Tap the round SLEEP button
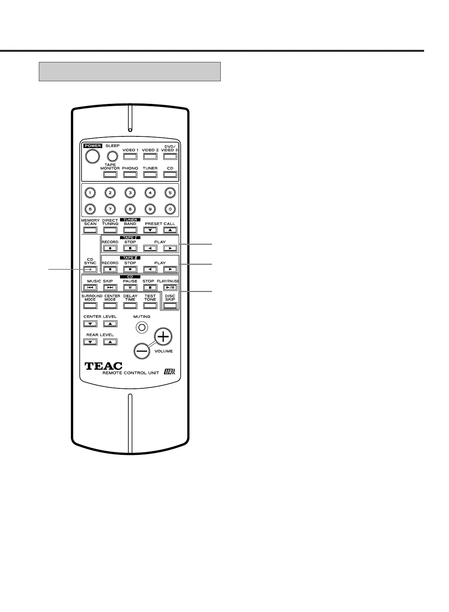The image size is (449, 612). [112, 156]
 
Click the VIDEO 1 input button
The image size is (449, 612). [130, 156]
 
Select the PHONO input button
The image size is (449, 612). [130, 175]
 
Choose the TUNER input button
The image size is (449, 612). [150, 175]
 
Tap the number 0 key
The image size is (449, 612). [170, 209]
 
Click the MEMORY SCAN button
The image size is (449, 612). [90, 230]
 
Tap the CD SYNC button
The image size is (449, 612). [90, 269]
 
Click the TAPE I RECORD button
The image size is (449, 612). [110, 249]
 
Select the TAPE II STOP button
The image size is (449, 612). [130, 269]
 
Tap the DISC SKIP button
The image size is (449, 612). [170, 306]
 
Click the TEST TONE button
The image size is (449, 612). [150, 306]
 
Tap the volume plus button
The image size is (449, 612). [163, 337]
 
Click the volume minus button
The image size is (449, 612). [142, 351]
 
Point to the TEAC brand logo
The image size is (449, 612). [103, 366]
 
